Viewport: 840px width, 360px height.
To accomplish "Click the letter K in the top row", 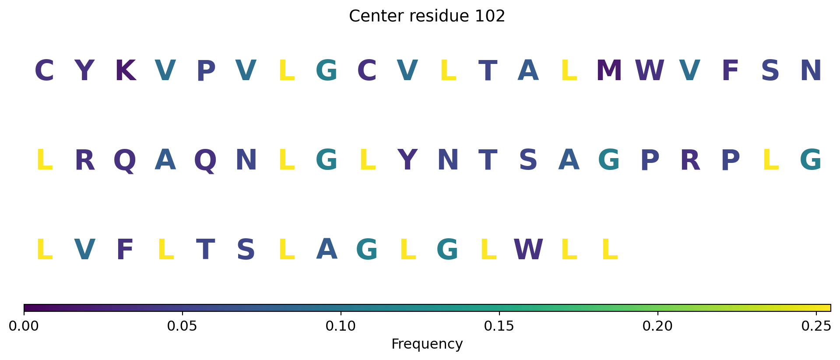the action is [x=125, y=71].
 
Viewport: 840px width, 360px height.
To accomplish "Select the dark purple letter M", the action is [x=609, y=71].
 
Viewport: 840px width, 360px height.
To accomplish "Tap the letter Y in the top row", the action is [x=84, y=71].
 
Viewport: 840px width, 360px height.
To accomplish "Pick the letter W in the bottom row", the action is [x=528, y=250].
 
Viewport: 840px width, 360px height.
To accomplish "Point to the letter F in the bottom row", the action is [x=125, y=250].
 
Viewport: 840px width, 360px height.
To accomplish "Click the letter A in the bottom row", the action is [x=327, y=249].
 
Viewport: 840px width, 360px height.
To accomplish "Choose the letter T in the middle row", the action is [x=488, y=160].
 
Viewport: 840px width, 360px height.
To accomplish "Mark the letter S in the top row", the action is [x=770, y=71].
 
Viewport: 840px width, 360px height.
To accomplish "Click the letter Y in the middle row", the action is [x=408, y=160].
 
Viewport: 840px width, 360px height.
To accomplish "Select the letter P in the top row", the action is [x=206, y=71].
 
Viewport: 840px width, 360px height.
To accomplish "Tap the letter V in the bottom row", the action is [x=84, y=250].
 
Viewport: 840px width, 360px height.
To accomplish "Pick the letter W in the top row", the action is [x=650, y=71].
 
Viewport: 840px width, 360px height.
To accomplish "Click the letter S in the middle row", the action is [x=528, y=160].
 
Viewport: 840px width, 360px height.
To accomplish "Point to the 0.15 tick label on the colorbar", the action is [x=499, y=326].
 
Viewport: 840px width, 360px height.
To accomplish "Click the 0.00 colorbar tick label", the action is [x=24, y=326].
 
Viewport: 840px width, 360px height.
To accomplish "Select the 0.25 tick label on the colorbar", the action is [x=816, y=326].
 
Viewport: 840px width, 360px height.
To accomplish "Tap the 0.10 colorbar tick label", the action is [x=341, y=326].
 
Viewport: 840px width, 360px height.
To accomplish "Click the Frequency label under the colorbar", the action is [x=427, y=344].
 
